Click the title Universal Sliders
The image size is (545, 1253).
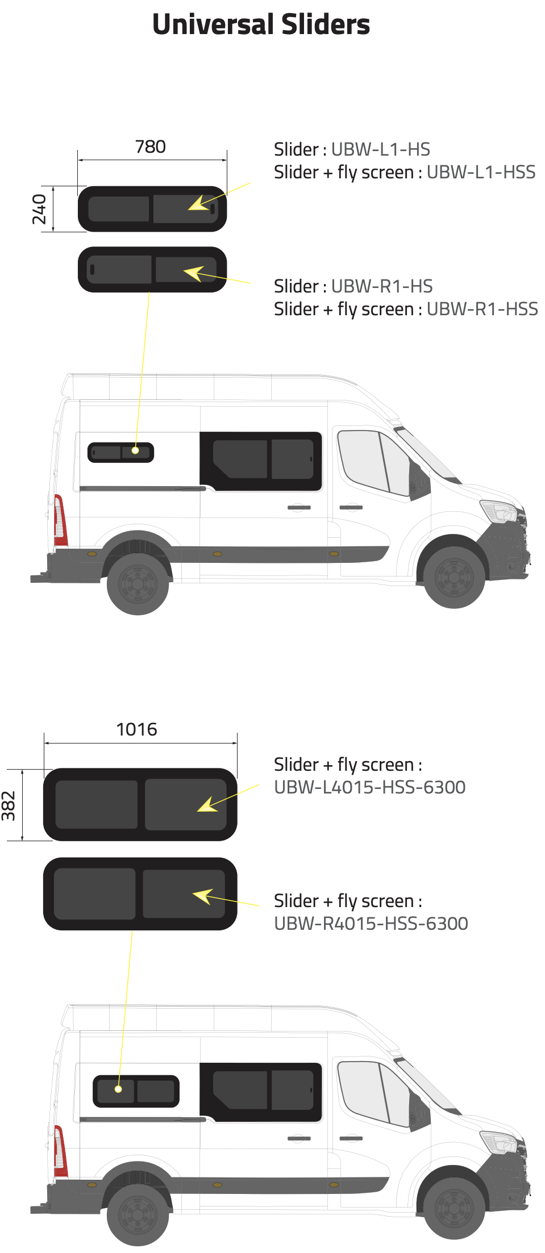261,24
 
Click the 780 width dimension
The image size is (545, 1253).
151,147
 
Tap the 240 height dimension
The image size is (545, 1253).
39,209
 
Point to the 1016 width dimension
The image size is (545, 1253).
136,729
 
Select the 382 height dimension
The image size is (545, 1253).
9,806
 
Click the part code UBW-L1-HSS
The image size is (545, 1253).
481,172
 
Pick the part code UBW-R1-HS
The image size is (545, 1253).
382,286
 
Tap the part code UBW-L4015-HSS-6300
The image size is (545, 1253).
370,787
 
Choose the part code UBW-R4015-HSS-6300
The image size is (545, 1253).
371,924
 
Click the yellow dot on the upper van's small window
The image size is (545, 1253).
135,450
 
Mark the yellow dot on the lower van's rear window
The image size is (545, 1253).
118,1089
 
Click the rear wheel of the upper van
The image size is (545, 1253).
138,583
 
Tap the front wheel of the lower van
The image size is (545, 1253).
454,1208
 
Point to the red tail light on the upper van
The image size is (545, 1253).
60,520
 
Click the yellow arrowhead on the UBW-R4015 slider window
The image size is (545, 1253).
202,896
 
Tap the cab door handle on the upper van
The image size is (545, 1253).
351,507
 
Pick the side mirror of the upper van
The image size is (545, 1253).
419,479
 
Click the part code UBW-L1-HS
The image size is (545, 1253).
381,149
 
